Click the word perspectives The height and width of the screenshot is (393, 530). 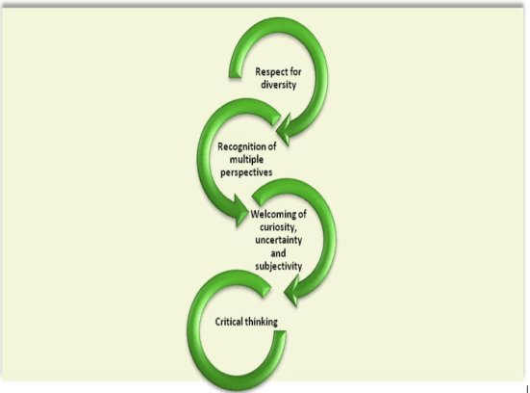pyautogui.click(x=246, y=170)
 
